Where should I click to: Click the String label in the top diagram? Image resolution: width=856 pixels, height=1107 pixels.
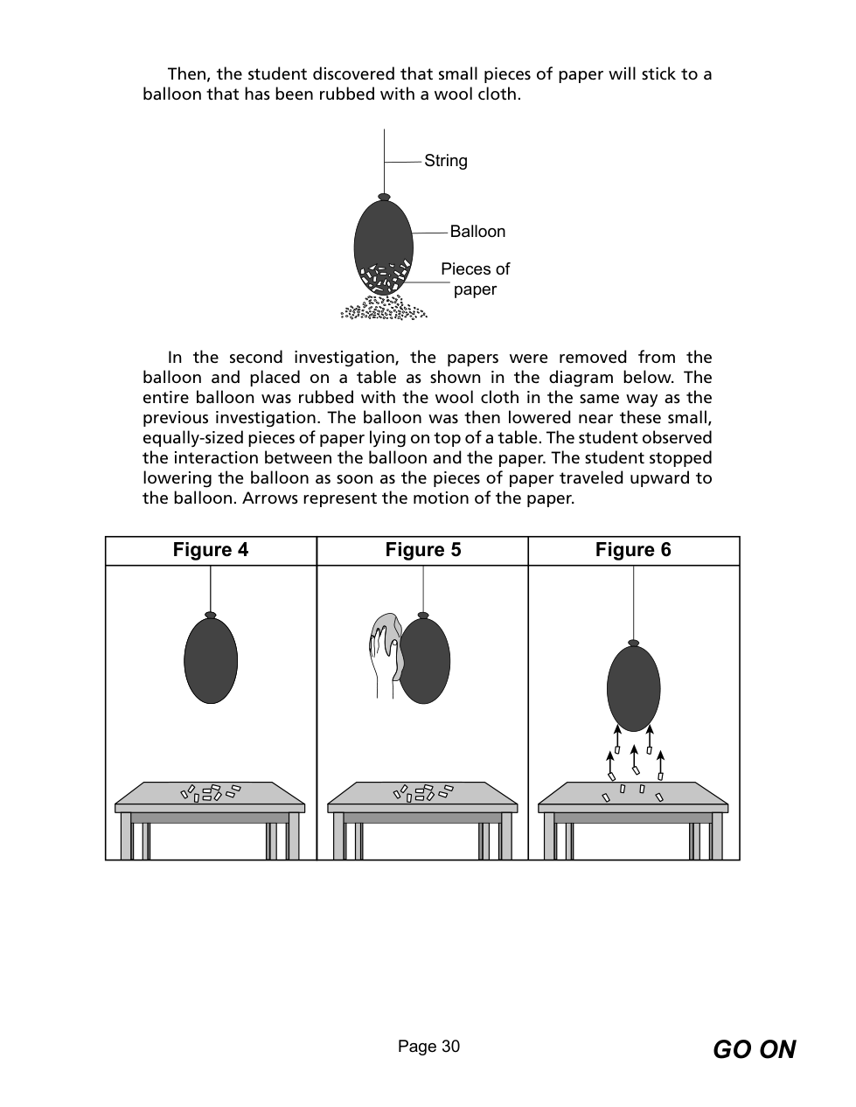(445, 161)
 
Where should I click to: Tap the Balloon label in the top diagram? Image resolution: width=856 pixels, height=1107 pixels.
(477, 232)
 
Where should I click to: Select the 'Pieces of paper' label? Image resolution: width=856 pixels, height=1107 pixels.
(475, 279)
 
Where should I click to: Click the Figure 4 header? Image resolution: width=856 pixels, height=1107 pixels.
(211, 550)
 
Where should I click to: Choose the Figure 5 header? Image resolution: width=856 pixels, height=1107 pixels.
(422, 550)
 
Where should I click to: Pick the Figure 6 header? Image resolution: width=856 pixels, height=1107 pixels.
(633, 550)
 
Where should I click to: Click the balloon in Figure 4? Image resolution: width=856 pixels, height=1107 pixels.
(211, 661)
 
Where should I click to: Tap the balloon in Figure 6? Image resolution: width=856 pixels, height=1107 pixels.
(633, 688)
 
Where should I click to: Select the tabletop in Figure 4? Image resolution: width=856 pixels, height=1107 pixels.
(210, 795)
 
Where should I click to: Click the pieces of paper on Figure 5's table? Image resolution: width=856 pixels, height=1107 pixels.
(422, 792)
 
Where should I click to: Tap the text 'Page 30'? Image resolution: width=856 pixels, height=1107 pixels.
(428, 1047)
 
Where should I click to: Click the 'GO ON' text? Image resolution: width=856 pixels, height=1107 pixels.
(754, 1049)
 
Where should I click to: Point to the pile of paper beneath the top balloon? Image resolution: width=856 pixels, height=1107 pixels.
(384, 310)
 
